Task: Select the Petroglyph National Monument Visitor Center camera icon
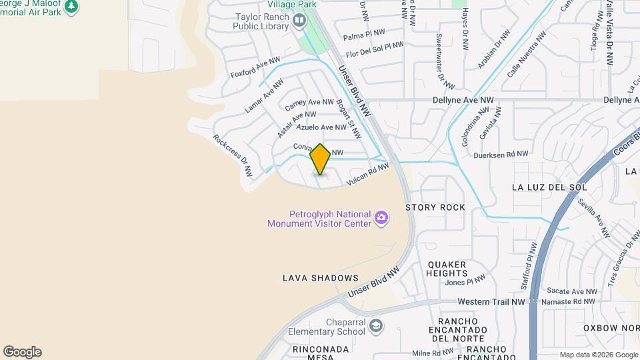tap(381, 217)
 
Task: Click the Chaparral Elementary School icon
tap(377, 326)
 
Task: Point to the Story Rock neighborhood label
tap(435, 207)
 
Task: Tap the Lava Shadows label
tap(320, 278)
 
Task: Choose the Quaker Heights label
tap(447, 269)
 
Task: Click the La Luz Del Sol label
tap(549, 187)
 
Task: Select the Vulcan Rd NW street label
tap(367, 175)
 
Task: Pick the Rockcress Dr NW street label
tap(233, 155)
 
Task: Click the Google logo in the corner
tap(22, 352)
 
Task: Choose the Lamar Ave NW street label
tap(264, 96)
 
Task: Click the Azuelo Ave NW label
tap(321, 127)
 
